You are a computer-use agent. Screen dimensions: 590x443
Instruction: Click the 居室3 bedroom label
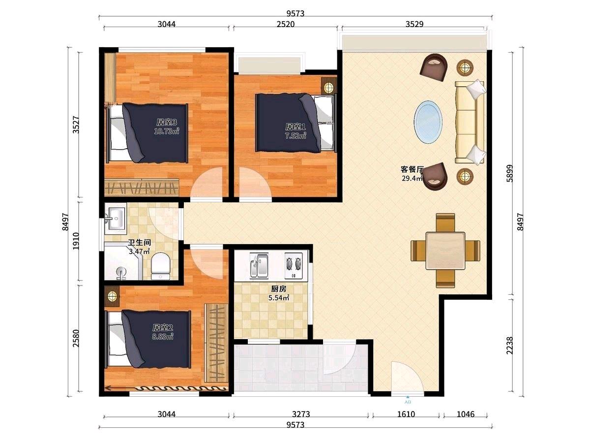pyautogui.click(x=166, y=123)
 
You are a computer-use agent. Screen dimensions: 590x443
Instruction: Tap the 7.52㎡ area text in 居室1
pyautogui.click(x=295, y=136)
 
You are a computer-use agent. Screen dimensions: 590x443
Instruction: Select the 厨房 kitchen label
pyautogui.click(x=278, y=289)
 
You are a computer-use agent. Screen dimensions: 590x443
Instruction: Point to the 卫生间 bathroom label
pyautogui.click(x=139, y=243)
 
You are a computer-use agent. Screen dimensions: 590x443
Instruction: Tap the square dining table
pyautogui.click(x=445, y=251)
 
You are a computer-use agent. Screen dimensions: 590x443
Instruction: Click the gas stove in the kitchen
pyautogui.click(x=294, y=266)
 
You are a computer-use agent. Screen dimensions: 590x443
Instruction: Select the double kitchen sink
pyautogui.click(x=259, y=265)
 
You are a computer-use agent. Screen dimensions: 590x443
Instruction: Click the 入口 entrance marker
pyautogui.click(x=408, y=400)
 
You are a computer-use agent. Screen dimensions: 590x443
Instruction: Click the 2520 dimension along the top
pyautogui.click(x=286, y=24)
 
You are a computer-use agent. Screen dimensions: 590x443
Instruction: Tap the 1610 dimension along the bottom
pyautogui.click(x=406, y=414)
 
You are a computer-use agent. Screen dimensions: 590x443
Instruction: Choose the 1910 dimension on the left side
pyautogui.click(x=76, y=241)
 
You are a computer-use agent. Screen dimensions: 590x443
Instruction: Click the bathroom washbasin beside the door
pyautogui.click(x=116, y=219)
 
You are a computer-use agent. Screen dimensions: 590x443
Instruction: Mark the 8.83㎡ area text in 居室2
pyautogui.click(x=163, y=337)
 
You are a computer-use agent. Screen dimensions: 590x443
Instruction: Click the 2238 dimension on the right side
pyautogui.click(x=510, y=346)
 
